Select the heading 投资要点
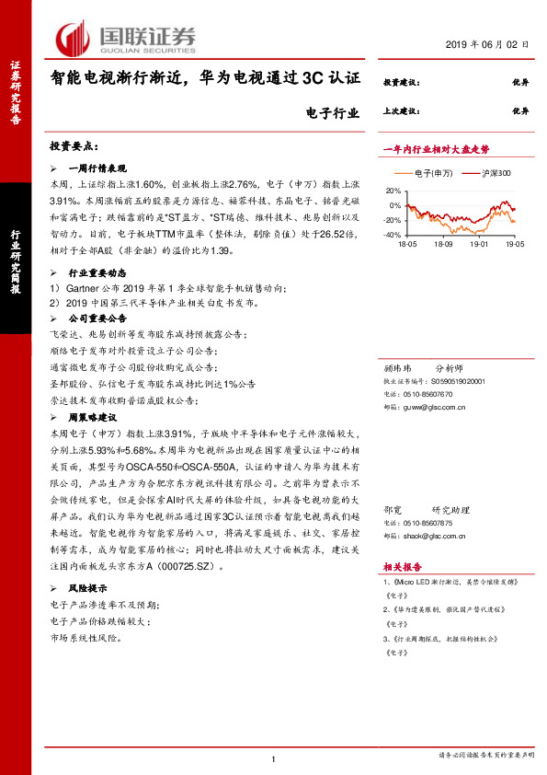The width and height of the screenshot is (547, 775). click(73, 146)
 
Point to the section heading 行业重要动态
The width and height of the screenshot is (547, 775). click(100, 274)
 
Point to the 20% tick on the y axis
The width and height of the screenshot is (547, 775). click(394, 190)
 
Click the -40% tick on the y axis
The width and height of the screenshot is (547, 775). click(393, 236)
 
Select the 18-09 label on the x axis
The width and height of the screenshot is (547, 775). click(443, 245)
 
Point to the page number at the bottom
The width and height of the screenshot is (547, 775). click(273, 758)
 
